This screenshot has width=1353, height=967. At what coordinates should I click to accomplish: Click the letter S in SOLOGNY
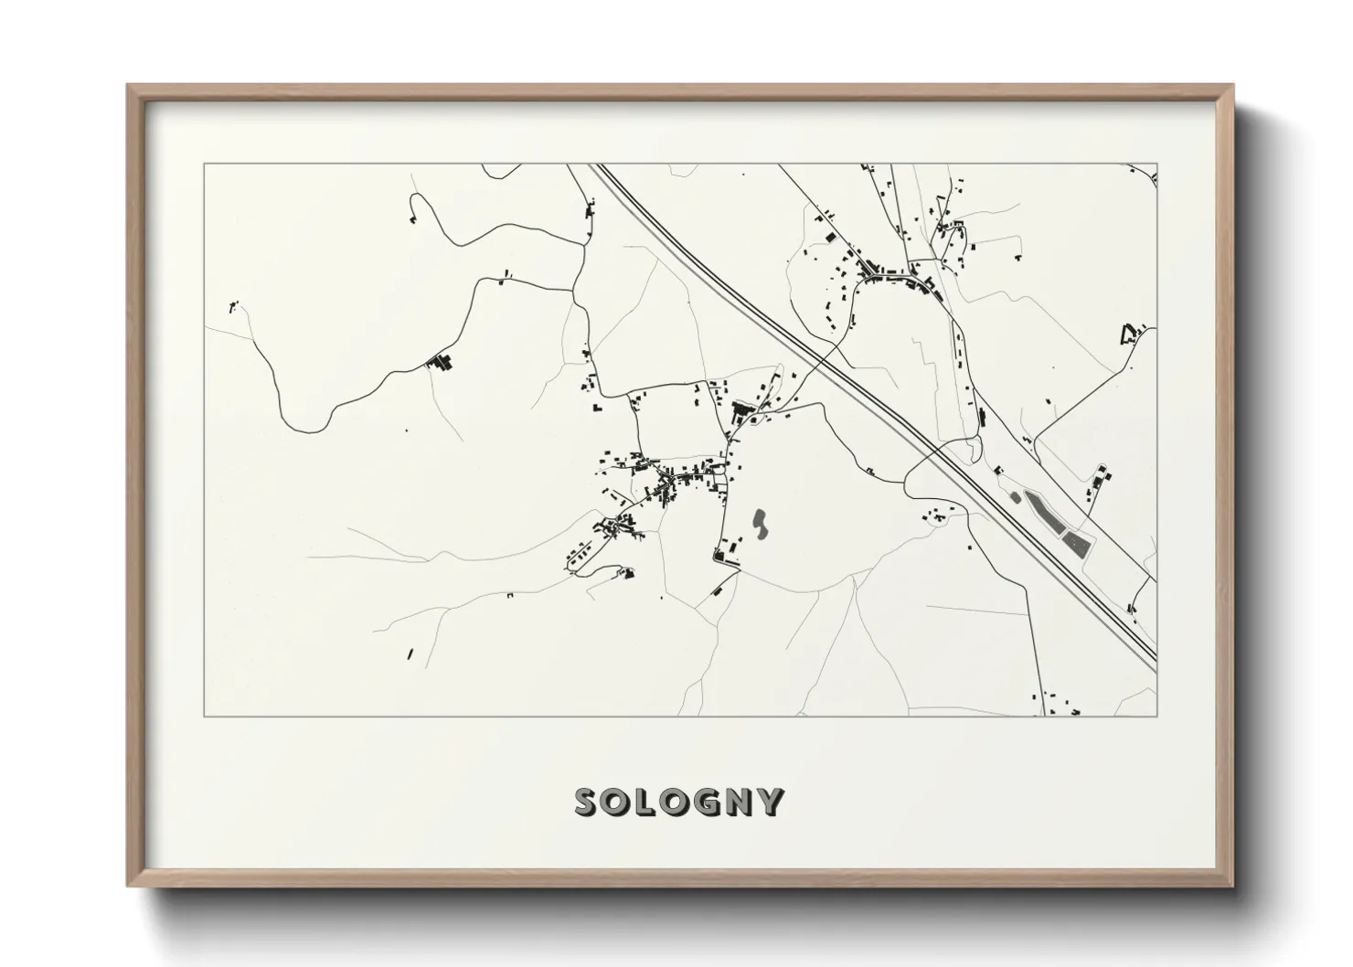(588, 802)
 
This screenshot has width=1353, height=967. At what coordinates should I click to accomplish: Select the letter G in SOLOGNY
(709, 802)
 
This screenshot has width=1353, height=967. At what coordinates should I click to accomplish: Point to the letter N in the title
(741, 802)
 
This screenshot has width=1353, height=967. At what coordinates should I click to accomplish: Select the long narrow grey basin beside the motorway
(1043, 512)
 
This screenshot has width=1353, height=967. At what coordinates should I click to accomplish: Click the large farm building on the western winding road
(441, 362)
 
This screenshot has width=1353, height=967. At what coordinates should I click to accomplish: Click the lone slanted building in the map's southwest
(410, 654)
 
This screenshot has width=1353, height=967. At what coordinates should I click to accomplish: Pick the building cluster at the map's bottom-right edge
(1060, 705)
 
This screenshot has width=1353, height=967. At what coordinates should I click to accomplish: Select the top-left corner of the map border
(205, 165)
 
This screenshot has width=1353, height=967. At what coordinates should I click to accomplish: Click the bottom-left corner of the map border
(205, 717)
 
